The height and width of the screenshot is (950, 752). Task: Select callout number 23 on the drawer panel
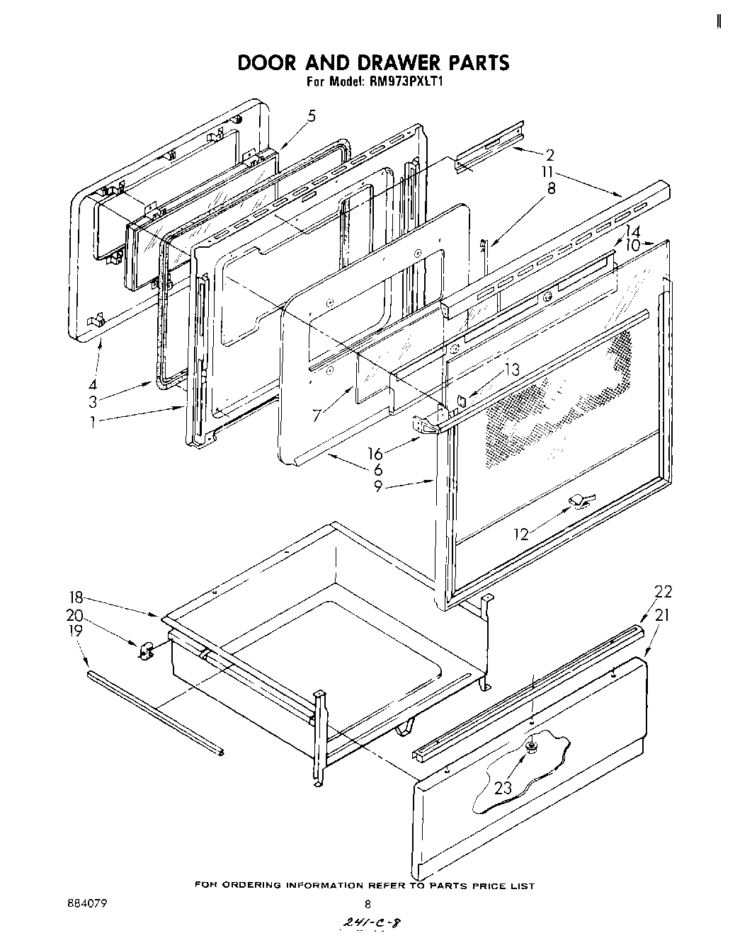coord(503,787)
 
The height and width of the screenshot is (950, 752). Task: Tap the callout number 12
coord(521,534)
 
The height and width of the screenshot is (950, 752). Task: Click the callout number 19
coord(75,630)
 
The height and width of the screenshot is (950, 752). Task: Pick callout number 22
coord(663,593)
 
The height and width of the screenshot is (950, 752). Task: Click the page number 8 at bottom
coord(367,904)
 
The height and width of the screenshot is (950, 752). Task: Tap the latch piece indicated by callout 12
coord(579,501)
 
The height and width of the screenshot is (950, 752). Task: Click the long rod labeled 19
coord(156,711)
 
